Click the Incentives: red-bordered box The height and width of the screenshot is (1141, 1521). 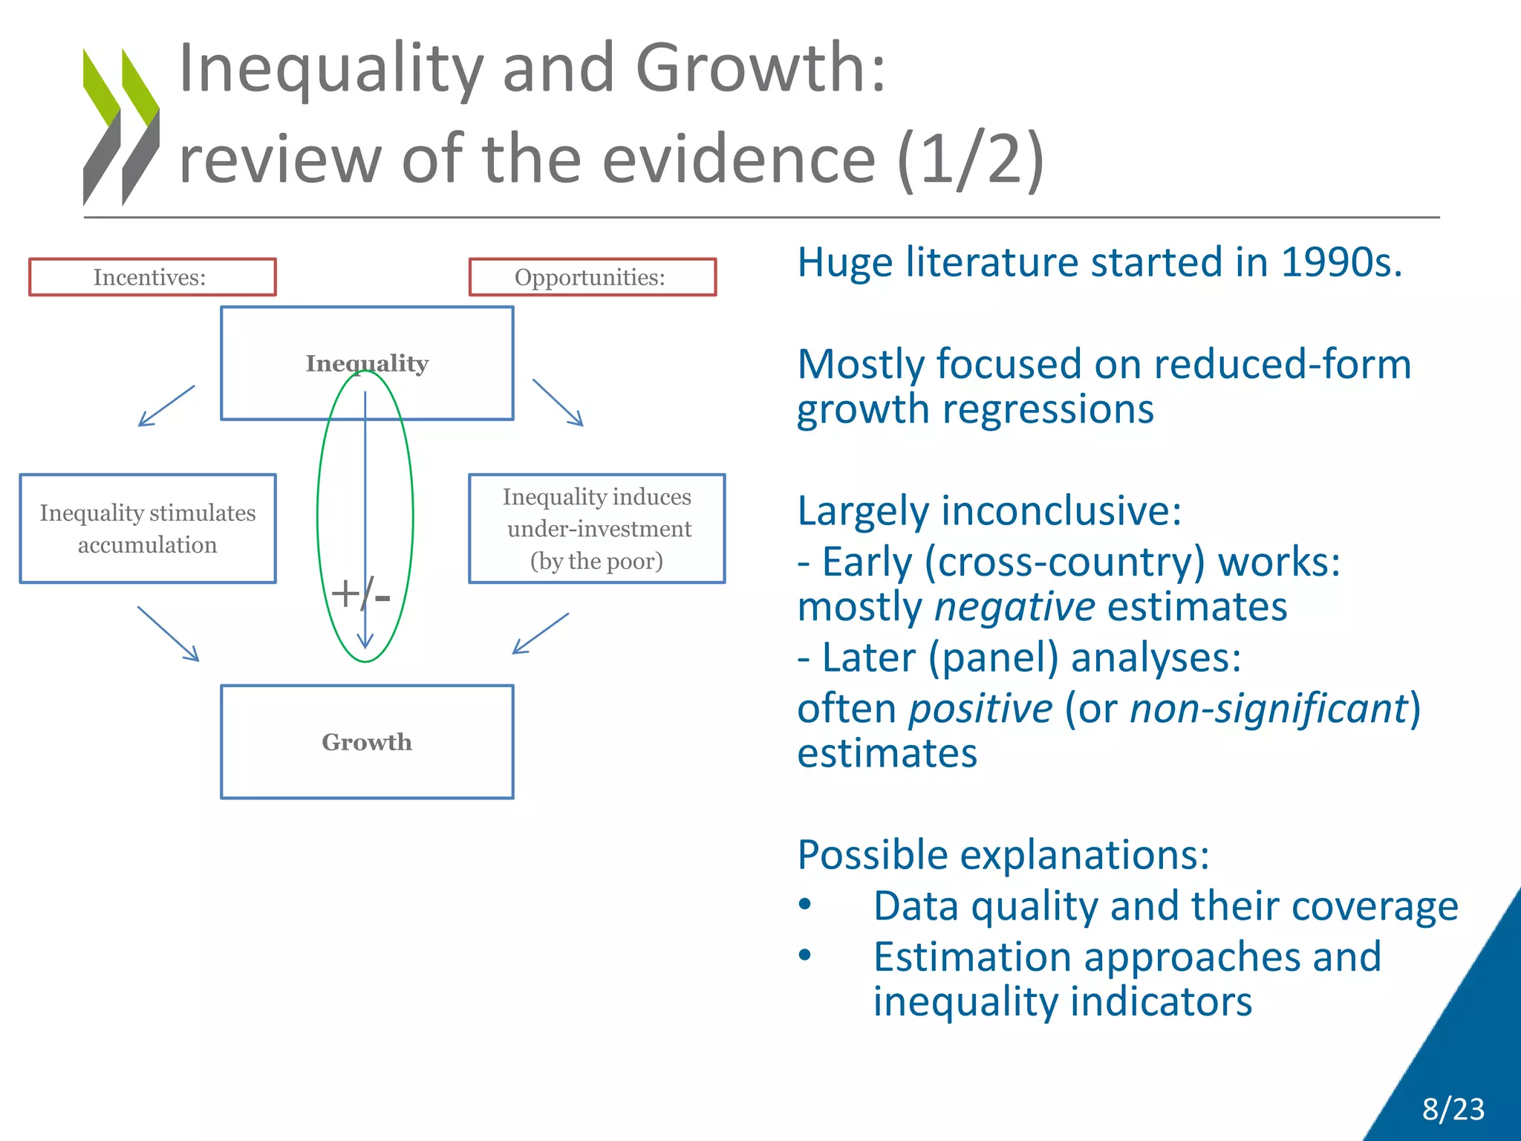[x=152, y=277]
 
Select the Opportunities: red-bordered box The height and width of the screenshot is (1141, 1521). [x=592, y=277]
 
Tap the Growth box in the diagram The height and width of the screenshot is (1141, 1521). [x=367, y=741]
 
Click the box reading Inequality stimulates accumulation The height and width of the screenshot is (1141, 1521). [x=148, y=528]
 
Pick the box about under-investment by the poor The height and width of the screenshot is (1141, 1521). [x=596, y=528]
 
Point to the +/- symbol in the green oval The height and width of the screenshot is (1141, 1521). [x=360, y=594]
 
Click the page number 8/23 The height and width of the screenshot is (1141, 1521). [x=1453, y=1109]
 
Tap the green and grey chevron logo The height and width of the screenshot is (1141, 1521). [x=121, y=127]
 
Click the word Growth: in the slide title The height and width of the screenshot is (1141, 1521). [x=760, y=68]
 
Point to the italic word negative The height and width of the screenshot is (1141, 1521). [x=1014, y=607]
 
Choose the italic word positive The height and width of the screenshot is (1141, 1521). [x=981, y=708]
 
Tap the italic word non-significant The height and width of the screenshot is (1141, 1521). [x=1268, y=708]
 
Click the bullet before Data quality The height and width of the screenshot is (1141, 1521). [x=805, y=905]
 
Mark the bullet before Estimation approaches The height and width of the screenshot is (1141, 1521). [x=805, y=955]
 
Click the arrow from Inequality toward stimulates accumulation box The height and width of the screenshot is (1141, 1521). [x=166, y=406]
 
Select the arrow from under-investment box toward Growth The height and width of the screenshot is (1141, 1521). [x=541, y=633]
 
